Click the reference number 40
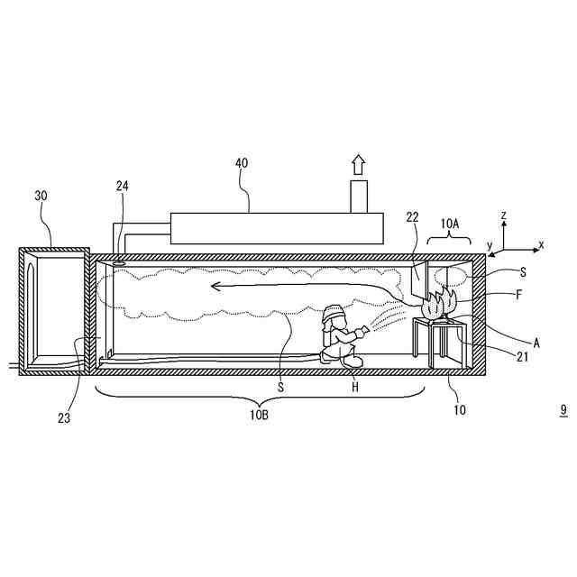point(242,163)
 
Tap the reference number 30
point(41,196)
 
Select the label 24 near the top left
point(123,187)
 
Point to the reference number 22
point(413,217)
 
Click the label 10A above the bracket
point(449,224)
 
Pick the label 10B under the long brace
point(259,415)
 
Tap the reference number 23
point(64,418)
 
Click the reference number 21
point(523,357)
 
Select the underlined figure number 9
point(563,410)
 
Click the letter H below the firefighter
point(354,387)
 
